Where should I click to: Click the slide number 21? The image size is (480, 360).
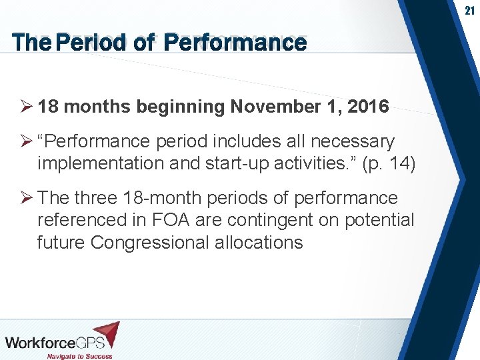[x=469, y=11]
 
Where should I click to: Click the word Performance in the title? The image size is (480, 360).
[x=235, y=43]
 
